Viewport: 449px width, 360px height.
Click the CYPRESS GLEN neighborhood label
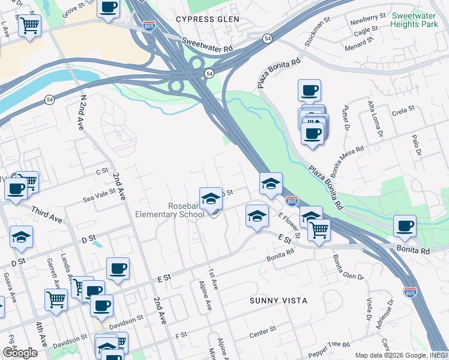coord(208,19)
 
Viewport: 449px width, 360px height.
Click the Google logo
coord(19,353)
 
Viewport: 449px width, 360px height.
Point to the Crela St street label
coord(403,109)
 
